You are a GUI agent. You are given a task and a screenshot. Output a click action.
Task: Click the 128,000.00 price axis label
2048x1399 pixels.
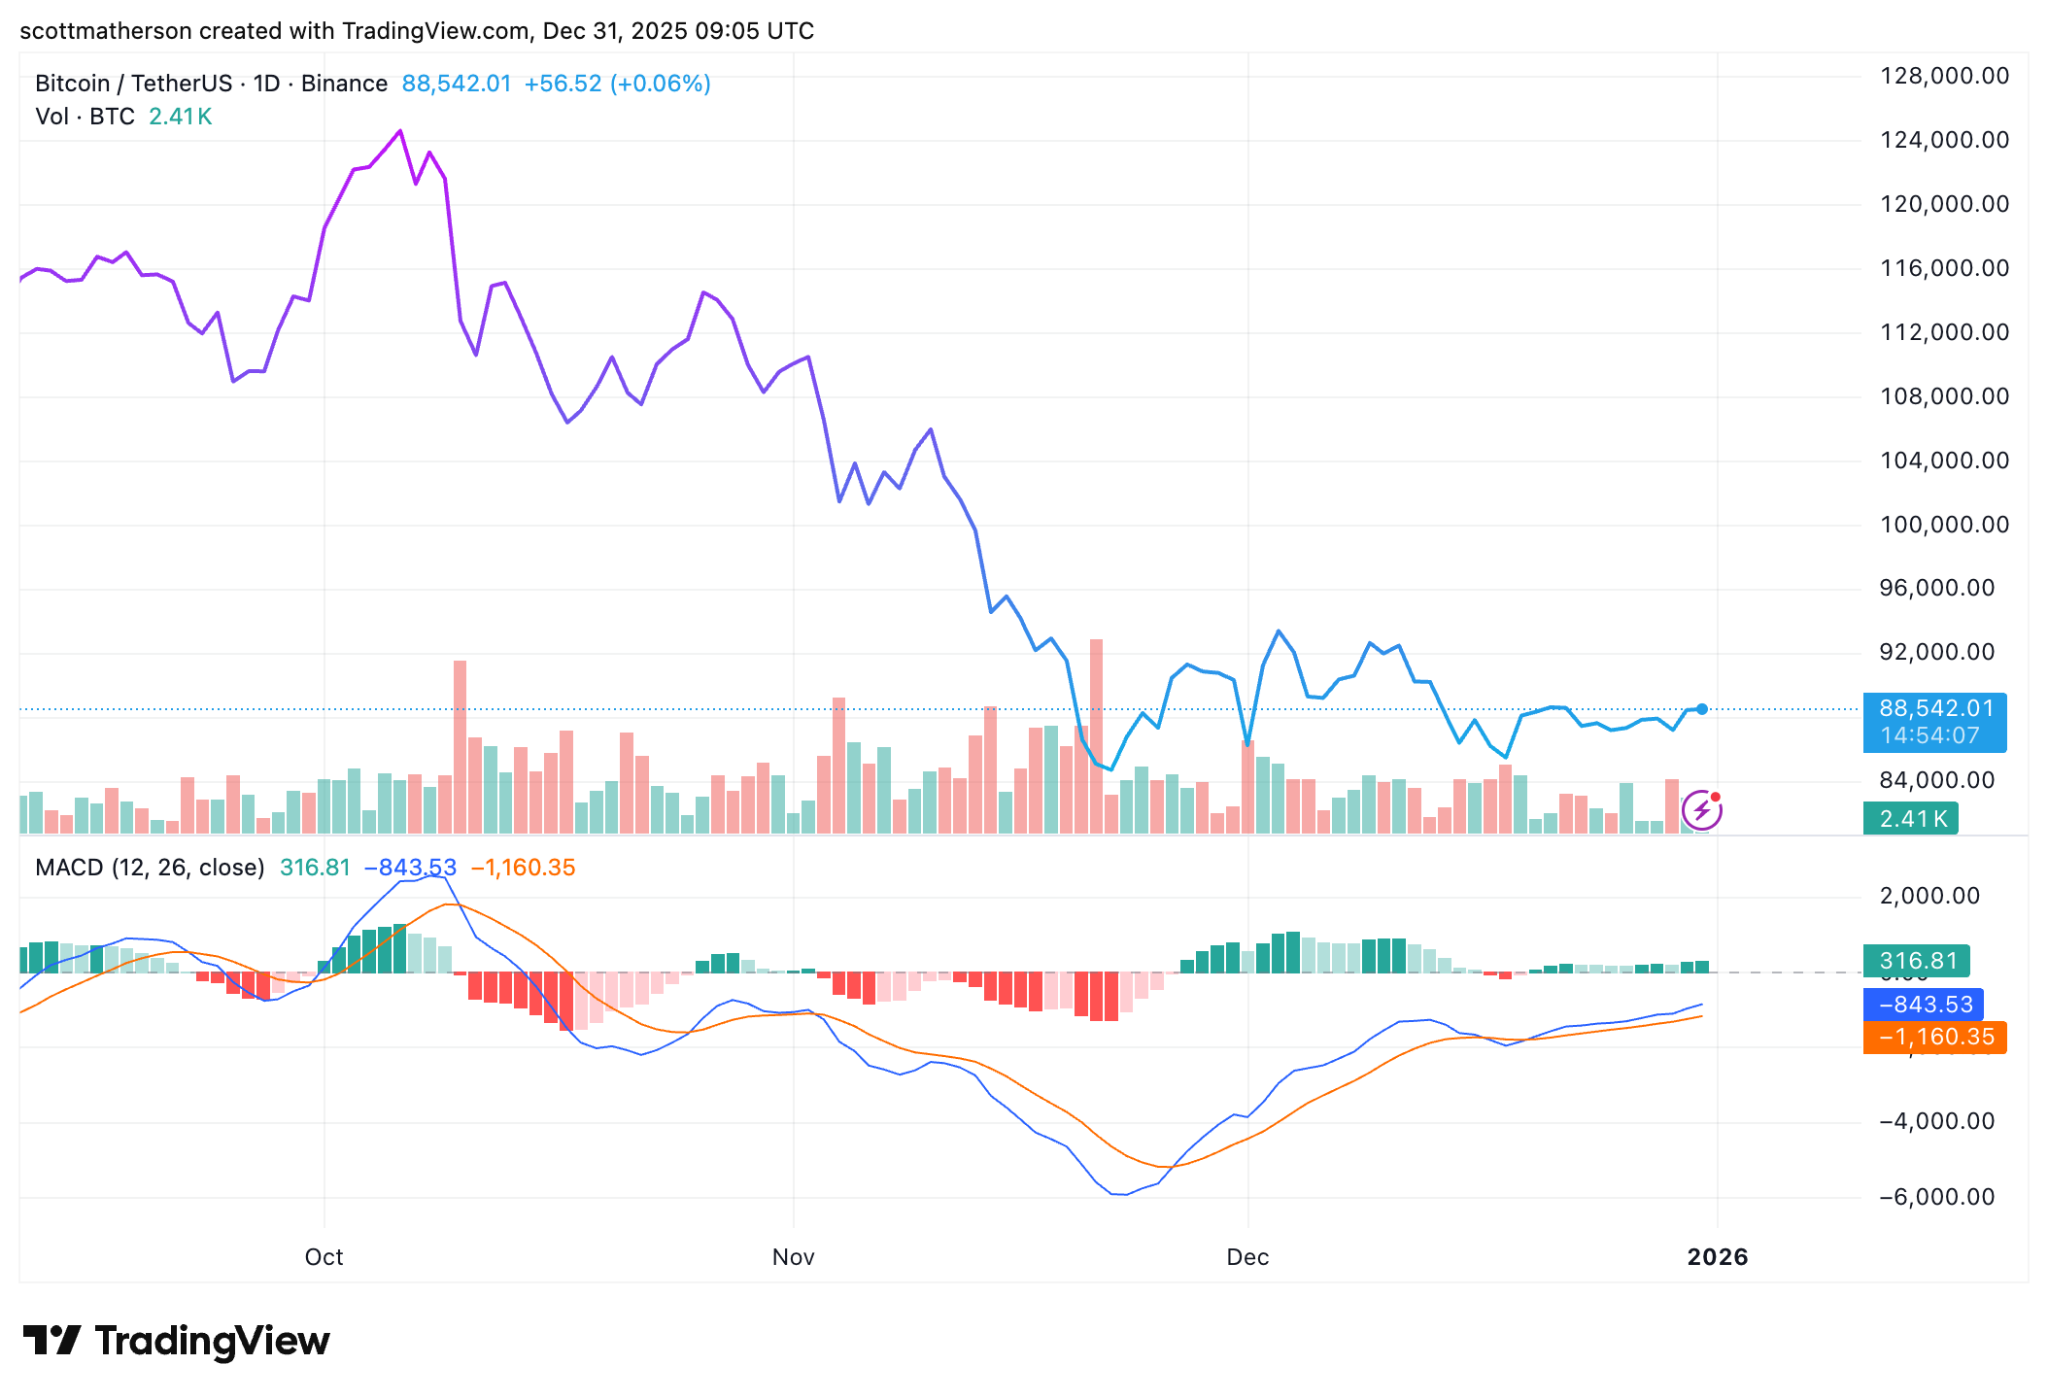click(x=1944, y=76)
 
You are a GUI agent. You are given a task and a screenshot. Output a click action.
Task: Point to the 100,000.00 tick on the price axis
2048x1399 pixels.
click(x=1944, y=525)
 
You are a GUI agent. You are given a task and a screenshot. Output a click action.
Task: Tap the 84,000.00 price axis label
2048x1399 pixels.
click(x=1937, y=780)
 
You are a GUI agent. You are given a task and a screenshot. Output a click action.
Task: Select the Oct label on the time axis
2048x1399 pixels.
click(x=324, y=1257)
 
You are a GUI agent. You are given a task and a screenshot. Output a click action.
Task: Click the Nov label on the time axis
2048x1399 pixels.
click(x=793, y=1257)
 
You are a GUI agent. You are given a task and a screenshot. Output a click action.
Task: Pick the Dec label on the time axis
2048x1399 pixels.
click(x=1247, y=1257)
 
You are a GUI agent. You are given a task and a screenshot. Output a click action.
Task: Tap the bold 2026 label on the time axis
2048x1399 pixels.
click(x=1717, y=1257)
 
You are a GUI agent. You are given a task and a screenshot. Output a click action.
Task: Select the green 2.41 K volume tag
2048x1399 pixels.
click(x=1911, y=819)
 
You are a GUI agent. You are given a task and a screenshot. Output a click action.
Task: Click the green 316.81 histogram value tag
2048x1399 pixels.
click(x=1916, y=962)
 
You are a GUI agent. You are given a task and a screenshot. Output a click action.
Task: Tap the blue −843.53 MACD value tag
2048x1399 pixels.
click(x=1923, y=1005)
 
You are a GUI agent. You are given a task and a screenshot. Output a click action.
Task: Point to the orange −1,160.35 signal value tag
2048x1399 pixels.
click(x=1934, y=1038)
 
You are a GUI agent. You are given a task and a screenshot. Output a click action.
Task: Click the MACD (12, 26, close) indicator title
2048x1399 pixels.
click(x=150, y=868)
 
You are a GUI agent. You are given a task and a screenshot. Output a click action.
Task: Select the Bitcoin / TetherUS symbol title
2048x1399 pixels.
click(x=133, y=84)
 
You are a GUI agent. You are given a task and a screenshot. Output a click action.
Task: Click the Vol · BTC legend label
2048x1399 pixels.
click(x=85, y=117)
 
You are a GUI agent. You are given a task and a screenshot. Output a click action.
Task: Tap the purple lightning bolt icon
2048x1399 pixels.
click(x=1701, y=810)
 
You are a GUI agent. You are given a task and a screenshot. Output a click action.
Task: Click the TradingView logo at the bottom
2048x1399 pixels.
click(x=176, y=1342)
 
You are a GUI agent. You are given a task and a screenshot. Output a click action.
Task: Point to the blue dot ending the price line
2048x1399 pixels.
click(x=1702, y=709)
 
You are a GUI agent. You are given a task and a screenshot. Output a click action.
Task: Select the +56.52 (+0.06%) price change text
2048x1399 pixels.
click(x=617, y=84)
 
